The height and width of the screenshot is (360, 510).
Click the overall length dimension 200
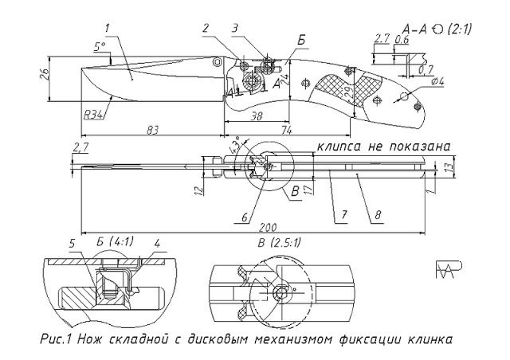click(x=253, y=226)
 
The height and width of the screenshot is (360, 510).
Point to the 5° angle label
click(x=100, y=47)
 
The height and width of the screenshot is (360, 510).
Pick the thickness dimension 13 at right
click(x=449, y=166)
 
